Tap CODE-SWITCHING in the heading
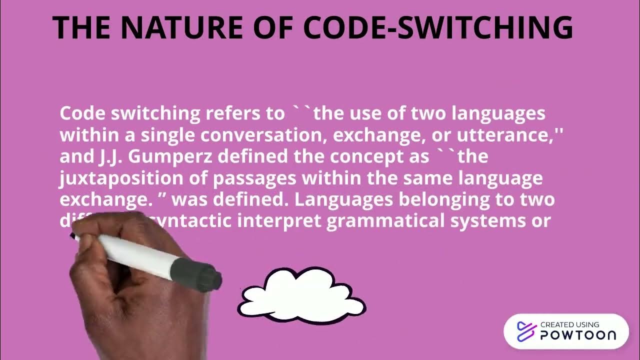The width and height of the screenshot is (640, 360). coord(438,28)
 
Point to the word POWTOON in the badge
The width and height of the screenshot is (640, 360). coord(578,335)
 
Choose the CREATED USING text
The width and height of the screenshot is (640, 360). coord(569,325)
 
